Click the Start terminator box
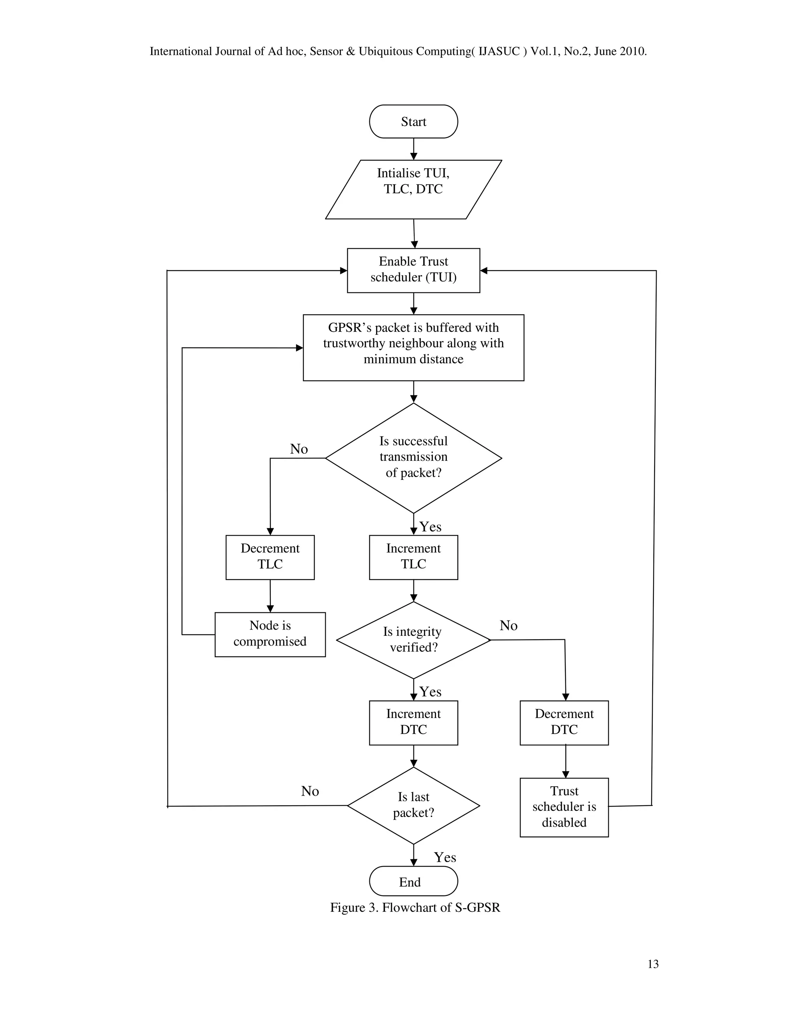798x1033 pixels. tap(413, 122)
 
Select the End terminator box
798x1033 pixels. tap(413, 882)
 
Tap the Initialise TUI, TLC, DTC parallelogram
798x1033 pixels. tap(413, 189)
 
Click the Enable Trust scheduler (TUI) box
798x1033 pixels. tap(413, 270)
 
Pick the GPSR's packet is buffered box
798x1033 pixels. tap(413, 347)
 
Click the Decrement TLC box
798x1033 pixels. tap(270, 557)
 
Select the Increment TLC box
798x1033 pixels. tap(413, 557)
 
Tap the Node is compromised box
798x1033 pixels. tap(270, 634)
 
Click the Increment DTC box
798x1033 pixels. tap(413, 722)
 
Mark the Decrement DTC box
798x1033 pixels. tap(564, 722)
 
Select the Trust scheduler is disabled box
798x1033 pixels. tap(564, 807)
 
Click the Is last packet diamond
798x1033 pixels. tap(413, 805)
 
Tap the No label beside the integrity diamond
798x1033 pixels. tap(508, 625)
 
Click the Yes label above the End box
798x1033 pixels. tap(445, 857)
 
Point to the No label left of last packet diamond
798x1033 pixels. tap(310, 791)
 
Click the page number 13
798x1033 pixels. tap(653, 964)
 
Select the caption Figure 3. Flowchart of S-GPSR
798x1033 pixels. tap(415, 907)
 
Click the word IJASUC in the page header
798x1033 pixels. tap(499, 51)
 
